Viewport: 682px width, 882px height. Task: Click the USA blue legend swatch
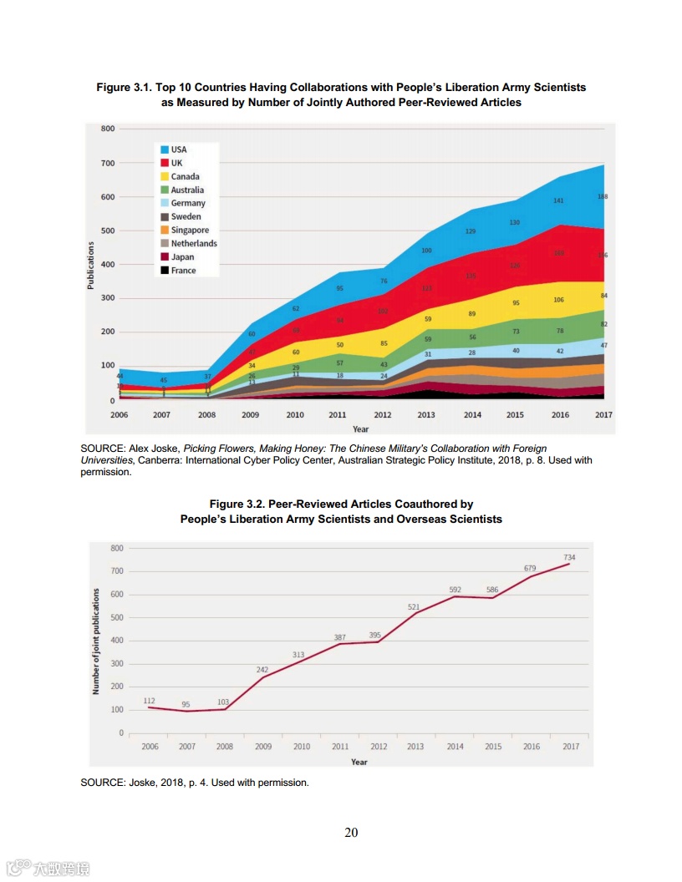click(x=165, y=150)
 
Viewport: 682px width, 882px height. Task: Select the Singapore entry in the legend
click(x=190, y=230)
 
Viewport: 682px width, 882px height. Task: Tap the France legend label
click(x=184, y=270)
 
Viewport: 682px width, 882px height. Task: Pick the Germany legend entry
click(x=188, y=203)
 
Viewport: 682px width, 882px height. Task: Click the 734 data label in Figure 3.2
click(x=569, y=556)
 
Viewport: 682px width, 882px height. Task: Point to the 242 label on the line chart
click(x=262, y=669)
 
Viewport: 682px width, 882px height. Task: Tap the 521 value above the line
click(x=414, y=606)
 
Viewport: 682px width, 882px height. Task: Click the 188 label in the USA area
click(x=602, y=196)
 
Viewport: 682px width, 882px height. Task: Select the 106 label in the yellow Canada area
click(x=558, y=300)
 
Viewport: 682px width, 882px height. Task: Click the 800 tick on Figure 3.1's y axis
click(x=108, y=129)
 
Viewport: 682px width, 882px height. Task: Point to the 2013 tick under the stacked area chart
click(x=426, y=414)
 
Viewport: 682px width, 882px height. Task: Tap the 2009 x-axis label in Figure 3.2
click(x=263, y=746)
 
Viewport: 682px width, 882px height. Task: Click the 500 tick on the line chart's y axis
click(x=116, y=617)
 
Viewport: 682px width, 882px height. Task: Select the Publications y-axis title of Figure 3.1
click(x=90, y=266)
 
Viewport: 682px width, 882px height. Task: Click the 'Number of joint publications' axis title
click(x=96, y=641)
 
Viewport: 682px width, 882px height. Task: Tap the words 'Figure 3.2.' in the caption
click(x=237, y=504)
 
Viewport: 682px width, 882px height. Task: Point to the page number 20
click(x=351, y=832)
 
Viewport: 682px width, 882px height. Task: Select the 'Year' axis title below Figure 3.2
click(x=359, y=761)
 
